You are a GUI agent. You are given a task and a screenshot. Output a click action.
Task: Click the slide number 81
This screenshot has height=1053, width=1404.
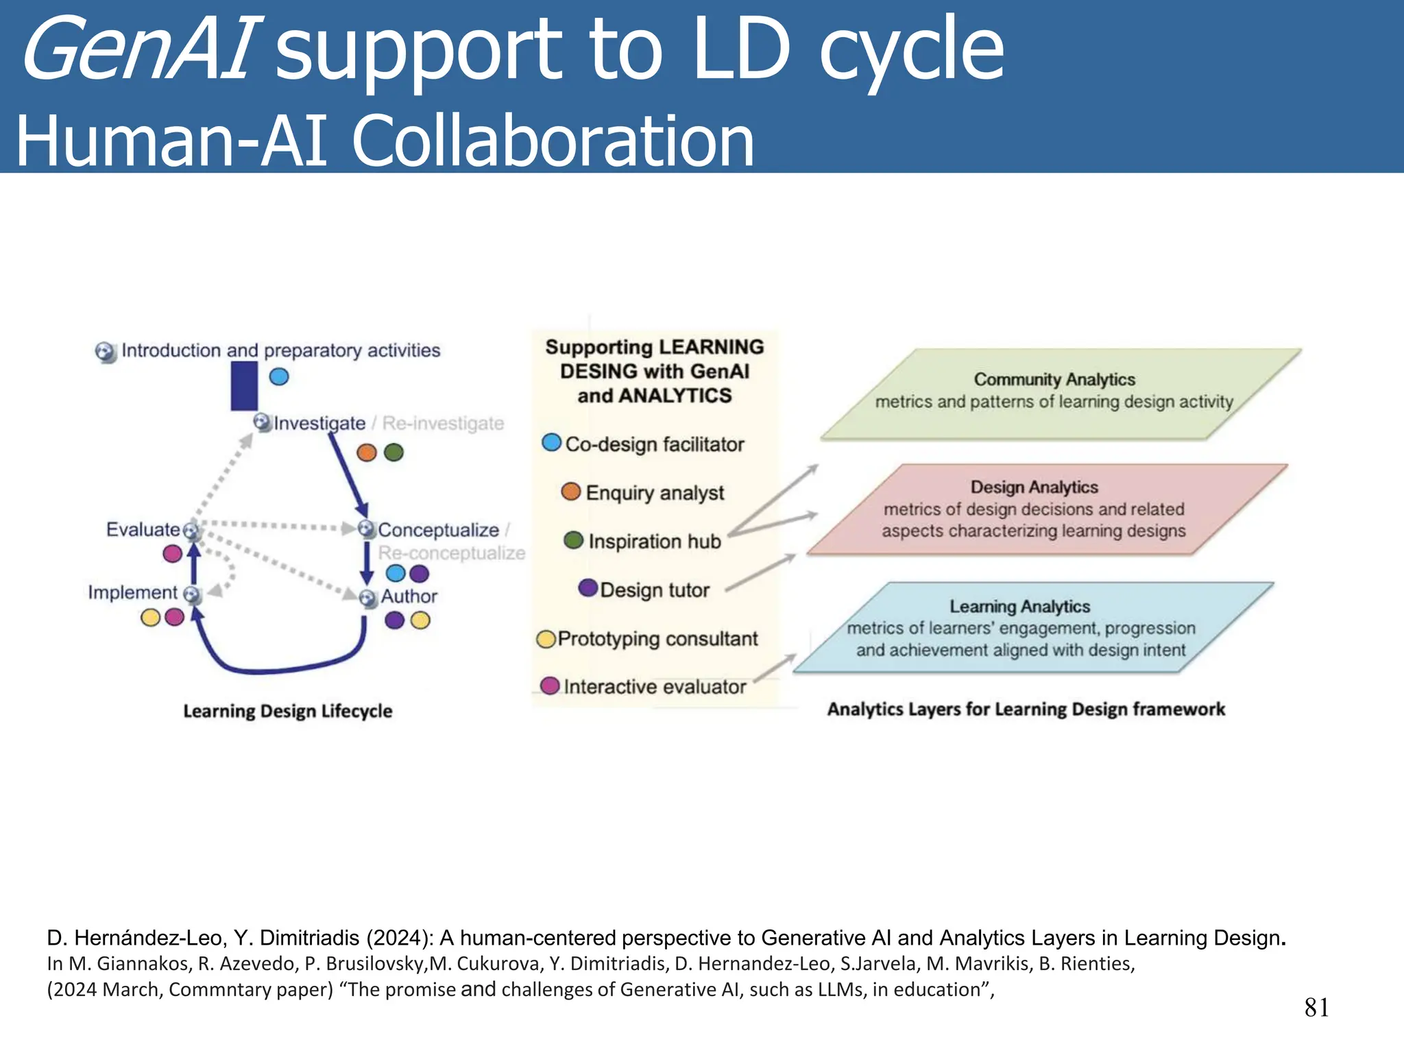(x=1316, y=1007)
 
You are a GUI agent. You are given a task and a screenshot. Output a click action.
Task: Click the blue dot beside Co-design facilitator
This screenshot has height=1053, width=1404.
(x=551, y=442)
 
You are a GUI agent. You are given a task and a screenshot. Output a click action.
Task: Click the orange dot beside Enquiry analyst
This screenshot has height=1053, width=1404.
(x=570, y=491)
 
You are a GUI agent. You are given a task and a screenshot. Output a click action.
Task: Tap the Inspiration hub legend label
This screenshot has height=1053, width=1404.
(x=654, y=542)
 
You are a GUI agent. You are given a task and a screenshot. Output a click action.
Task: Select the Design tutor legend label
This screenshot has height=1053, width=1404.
(x=654, y=590)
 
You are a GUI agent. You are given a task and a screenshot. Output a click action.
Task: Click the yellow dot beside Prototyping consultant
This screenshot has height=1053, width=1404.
(x=546, y=639)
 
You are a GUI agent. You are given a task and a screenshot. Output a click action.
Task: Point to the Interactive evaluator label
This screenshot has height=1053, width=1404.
(x=654, y=687)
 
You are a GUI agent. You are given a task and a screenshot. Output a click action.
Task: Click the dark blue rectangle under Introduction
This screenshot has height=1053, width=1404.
(x=244, y=386)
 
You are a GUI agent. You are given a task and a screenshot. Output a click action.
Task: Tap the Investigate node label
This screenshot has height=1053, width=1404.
(x=319, y=423)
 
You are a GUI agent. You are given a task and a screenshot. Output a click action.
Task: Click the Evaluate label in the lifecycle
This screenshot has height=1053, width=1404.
(x=143, y=529)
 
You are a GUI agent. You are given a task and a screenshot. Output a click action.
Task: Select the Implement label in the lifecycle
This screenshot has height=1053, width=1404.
(x=132, y=592)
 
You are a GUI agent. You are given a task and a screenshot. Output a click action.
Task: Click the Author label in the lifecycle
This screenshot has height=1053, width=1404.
(x=409, y=596)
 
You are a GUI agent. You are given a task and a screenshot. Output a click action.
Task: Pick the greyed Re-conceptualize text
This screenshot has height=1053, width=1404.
(x=451, y=553)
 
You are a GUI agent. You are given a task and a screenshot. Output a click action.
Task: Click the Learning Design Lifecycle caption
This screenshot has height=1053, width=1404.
(x=287, y=711)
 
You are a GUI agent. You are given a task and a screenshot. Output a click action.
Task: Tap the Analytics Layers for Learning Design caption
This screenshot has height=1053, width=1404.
(x=1026, y=709)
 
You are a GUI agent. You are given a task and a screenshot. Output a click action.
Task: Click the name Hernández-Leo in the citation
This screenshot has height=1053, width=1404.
(x=148, y=937)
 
